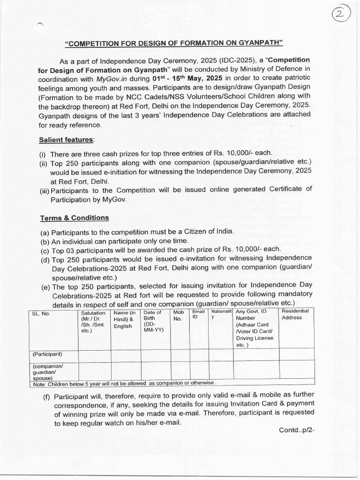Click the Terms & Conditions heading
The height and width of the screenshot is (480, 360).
[x=74, y=217]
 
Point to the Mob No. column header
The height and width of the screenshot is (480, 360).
[x=179, y=315]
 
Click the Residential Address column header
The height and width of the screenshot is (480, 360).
[x=295, y=314]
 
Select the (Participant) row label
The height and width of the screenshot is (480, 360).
[x=48, y=354]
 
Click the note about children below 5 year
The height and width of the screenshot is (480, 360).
[x=124, y=383]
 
